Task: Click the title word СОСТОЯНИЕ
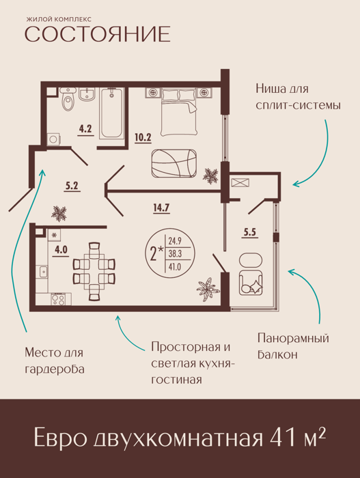pyautogui.click(x=98, y=33)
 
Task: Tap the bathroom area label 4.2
pyautogui.click(x=85, y=129)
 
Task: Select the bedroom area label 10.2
pyautogui.click(x=143, y=137)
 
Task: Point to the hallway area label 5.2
pyautogui.click(x=72, y=185)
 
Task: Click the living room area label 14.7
pyautogui.click(x=161, y=208)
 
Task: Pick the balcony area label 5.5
pyautogui.click(x=249, y=233)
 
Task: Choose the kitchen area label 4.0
pyautogui.click(x=61, y=250)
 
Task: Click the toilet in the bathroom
pyautogui.click(x=68, y=98)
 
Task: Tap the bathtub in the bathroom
pyautogui.click(x=112, y=113)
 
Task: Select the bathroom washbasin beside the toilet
pyautogui.click(x=87, y=94)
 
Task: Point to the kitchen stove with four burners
pyautogui.click(x=57, y=299)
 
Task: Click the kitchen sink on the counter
pyautogui.click(x=42, y=271)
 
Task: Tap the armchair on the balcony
pyautogui.click(x=251, y=282)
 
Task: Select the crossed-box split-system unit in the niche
pyautogui.click(x=240, y=183)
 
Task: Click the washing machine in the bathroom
pyautogui.click(x=53, y=139)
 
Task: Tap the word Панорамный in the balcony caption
pyautogui.click(x=293, y=339)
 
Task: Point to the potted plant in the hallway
pyautogui.click(x=59, y=213)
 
